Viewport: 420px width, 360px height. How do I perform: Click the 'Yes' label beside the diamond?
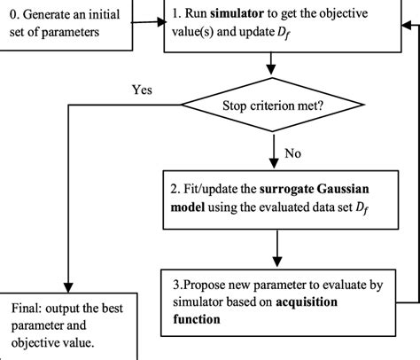pos(142,90)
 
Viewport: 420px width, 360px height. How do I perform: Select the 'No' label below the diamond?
pos(293,154)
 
